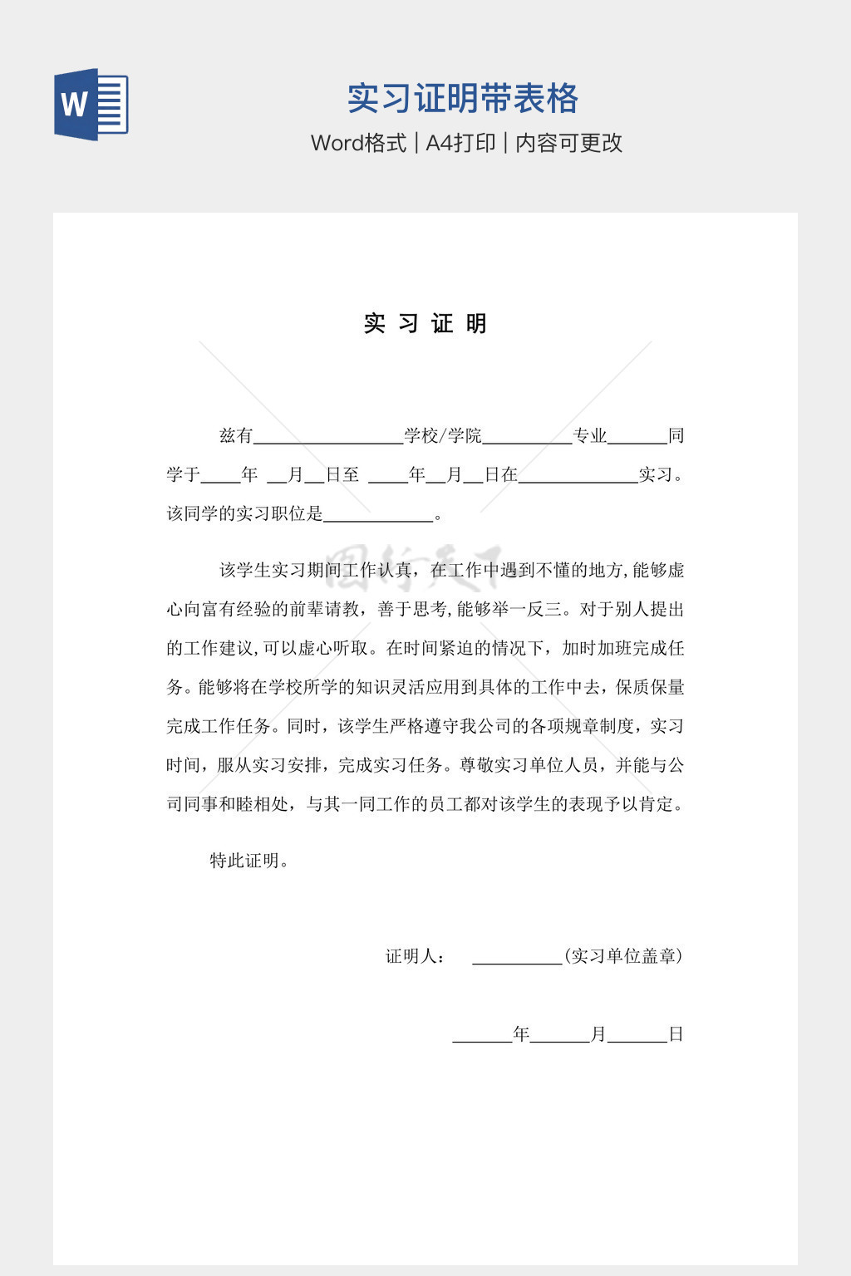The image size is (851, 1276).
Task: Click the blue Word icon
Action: coord(91,105)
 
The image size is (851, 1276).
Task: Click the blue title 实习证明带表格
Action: coord(462,99)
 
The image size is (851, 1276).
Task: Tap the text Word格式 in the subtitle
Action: coord(358,143)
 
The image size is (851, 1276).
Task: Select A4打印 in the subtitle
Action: coord(460,143)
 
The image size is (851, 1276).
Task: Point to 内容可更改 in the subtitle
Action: coord(568,143)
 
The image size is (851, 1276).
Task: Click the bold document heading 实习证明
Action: coord(425,323)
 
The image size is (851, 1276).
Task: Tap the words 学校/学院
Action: coord(442,435)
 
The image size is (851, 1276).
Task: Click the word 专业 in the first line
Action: coord(590,435)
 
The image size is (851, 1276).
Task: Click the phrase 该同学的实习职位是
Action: coord(244,513)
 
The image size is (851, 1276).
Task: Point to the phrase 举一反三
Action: coord(535,609)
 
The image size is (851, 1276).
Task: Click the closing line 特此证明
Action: coord(248,861)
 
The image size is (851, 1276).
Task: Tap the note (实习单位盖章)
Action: coord(623,956)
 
